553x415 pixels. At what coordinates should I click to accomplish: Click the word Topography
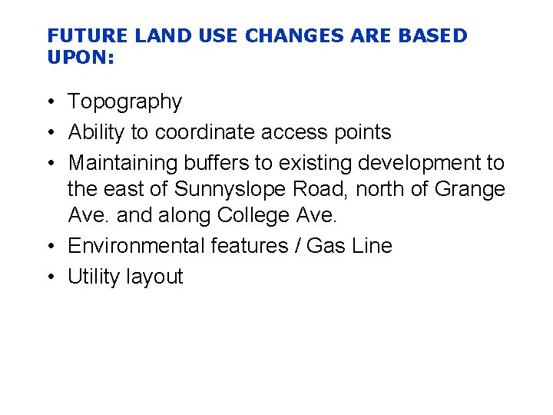click(125, 102)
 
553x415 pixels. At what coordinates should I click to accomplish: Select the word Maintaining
click(124, 163)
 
